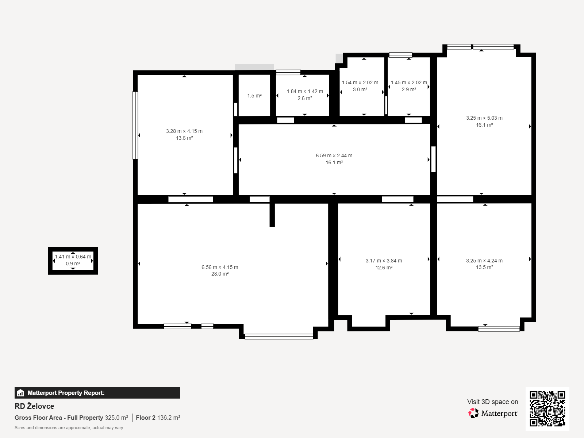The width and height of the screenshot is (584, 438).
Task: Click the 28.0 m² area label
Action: tap(220, 274)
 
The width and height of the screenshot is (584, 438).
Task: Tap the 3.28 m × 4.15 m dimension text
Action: tap(184, 131)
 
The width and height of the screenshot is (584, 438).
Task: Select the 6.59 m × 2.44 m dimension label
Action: tap(334, 155)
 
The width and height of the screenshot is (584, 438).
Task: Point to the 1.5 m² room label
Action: tap(254, 96)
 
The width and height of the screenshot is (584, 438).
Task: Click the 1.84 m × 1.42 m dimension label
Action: tap(305, 92)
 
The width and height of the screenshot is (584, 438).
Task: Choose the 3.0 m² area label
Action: tap(360, 90)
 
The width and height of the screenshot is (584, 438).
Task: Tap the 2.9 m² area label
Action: tap(409, 90)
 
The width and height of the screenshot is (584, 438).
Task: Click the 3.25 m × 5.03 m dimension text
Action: tap(484, 118)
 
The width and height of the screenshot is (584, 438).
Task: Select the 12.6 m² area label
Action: tap(384, 268)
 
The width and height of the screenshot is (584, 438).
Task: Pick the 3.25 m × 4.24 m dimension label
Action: tap(484, 261)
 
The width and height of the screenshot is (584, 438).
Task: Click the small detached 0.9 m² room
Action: tap(73, 261)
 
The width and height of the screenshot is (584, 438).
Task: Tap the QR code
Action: tap(547, 408)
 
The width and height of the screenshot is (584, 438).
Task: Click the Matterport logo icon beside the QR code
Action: tap(473, 413)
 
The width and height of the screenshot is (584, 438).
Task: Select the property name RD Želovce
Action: tap(34, 406)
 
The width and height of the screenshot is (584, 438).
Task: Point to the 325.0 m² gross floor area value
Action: tap(116, 418)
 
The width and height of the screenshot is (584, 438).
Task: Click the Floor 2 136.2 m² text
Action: tap(158, 418)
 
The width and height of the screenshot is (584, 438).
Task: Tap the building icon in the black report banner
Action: tap(20, 393)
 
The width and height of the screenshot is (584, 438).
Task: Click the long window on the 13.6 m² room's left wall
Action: tap(135, 125)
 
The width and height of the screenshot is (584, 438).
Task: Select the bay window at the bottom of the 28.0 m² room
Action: tap(279, 337)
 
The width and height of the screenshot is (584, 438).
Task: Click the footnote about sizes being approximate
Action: tap(69, 428)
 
